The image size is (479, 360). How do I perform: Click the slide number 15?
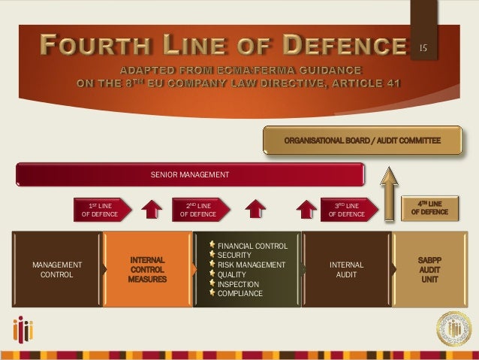tap(423, 49)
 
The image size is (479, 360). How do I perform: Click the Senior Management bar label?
tap(189, 174)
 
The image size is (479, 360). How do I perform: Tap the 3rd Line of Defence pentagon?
tap(346, 210)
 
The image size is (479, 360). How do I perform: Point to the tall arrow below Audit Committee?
tap(390, 196)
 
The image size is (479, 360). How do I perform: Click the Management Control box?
tap(57, 270)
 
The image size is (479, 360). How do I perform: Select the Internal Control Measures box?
tap(147, 270)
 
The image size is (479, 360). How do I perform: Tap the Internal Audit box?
tap(346, 270)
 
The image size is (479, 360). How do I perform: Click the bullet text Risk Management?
tap(251, 265)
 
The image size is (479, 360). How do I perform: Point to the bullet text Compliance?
tap(239, 294)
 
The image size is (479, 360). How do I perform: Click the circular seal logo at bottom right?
tap(454, 328)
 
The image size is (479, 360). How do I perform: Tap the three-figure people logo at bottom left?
tap(26, 330)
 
